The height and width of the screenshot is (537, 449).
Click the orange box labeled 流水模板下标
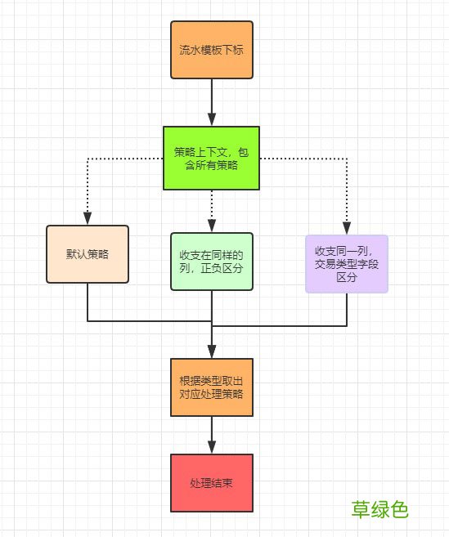pos(212,50)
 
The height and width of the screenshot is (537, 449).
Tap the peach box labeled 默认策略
pos(88,253)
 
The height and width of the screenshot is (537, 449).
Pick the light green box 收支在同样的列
pos(212,262)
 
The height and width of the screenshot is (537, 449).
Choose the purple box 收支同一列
pos(346,263)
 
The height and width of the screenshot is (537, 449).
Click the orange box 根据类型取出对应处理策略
pos(212,387)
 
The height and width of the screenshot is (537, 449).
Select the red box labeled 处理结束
pos(212,483)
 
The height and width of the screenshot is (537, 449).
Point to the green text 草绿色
pos(379,509)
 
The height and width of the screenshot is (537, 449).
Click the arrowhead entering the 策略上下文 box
pos(212,120)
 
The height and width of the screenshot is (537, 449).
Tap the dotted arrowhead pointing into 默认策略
pos(88,218)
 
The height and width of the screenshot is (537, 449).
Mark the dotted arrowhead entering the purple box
pos(346,228)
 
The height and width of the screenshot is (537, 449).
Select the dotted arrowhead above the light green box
pos(212,226)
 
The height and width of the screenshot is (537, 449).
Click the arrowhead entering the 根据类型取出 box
pos(212,352)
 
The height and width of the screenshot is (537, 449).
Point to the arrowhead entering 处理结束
pos(212,447)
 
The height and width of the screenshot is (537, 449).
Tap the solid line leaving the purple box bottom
pos(346,307)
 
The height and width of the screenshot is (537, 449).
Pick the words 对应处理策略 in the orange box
pos(212,394)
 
